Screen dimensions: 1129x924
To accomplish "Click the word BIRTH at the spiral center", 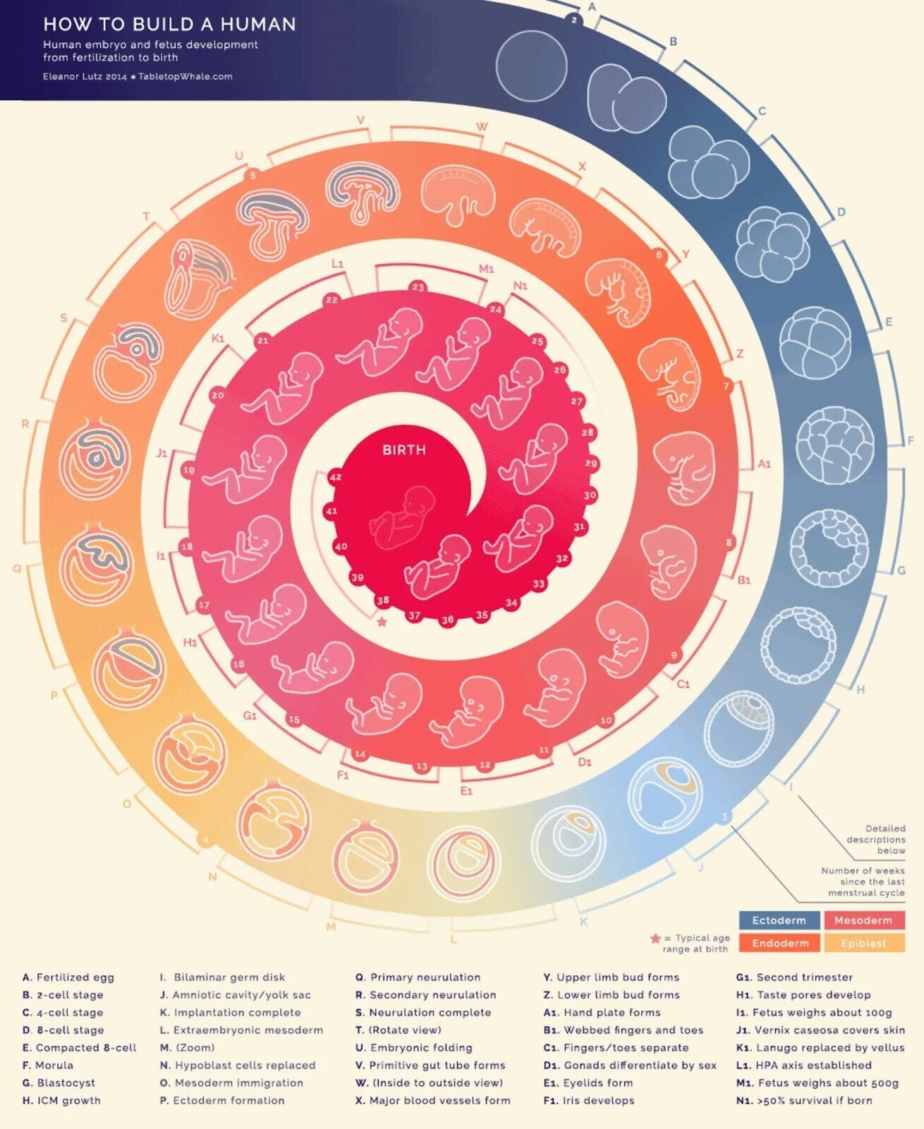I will [x=404, y=449].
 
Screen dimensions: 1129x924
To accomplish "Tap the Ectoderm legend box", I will [x=779, y=920].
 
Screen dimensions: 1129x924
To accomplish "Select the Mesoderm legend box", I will [x=863, y=920].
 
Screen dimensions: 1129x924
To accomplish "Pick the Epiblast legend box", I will [x=863, y=943].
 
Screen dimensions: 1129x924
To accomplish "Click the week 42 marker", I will [x=335, y=477].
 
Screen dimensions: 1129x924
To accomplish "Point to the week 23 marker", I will [x=418, y=287].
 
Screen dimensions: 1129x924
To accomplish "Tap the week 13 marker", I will [x=422, y=766].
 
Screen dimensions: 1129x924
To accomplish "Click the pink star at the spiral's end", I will [x=382, y=622].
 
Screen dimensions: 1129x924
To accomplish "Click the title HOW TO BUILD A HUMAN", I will [x=169, y=25].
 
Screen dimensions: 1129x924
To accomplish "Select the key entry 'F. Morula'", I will [x=48, y=1065].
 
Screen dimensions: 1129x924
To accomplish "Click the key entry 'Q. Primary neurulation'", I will [x=418, y=977].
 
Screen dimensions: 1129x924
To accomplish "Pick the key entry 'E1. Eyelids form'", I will [x=588, y=1082].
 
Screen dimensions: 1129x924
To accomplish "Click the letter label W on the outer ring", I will [x=482, y=127].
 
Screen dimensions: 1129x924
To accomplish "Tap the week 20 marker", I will [x=217, y=395].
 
